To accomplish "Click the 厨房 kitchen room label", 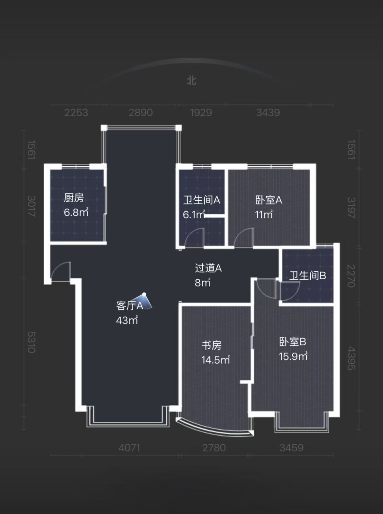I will click(74, 198).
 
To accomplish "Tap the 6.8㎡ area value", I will click(76, 212).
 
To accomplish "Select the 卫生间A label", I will click(201, 200).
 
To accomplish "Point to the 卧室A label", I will click(268, 200).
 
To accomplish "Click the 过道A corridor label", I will click(208, 268).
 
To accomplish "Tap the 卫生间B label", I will click(307, 276).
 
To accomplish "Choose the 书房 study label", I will click(211, 345).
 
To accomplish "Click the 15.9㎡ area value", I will click(293, 356).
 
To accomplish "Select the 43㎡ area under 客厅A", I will click(127, 320).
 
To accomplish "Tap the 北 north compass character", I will click(191, 81).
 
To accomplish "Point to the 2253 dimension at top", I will click(76, 113).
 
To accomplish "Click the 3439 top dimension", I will click(268, 113).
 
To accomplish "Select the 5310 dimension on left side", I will click(31, 342).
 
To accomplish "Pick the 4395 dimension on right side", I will click(351, 358).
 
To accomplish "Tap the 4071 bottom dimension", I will click(129, 448).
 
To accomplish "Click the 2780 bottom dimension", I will click(214, 448).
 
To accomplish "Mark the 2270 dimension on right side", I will click(351, 276).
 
